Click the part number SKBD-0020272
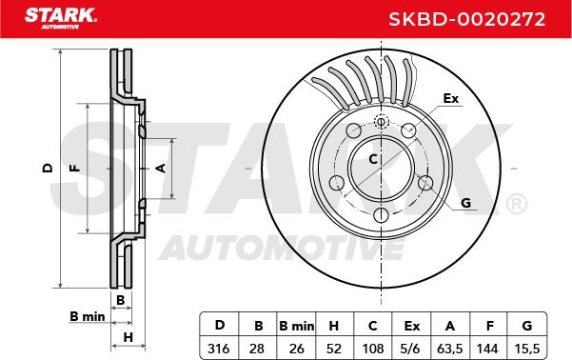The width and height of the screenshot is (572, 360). click(x=467, y=19)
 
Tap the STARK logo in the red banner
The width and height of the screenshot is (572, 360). click(x=61, y=18)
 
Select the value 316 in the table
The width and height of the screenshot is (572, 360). click(x=219, y=349)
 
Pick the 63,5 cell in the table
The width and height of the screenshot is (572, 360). click(x=450, y=349)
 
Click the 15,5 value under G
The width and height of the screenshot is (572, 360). click(x=526, y=349)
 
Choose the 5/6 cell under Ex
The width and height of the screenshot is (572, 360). click(x=410, y=349)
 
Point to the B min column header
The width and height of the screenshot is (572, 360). click(x=296, y=326)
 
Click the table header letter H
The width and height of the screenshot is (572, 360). click(x=334, y=326)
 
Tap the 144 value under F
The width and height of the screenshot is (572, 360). click(x=487, y=349)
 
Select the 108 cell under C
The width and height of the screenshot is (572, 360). click(x=373, y=349)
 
